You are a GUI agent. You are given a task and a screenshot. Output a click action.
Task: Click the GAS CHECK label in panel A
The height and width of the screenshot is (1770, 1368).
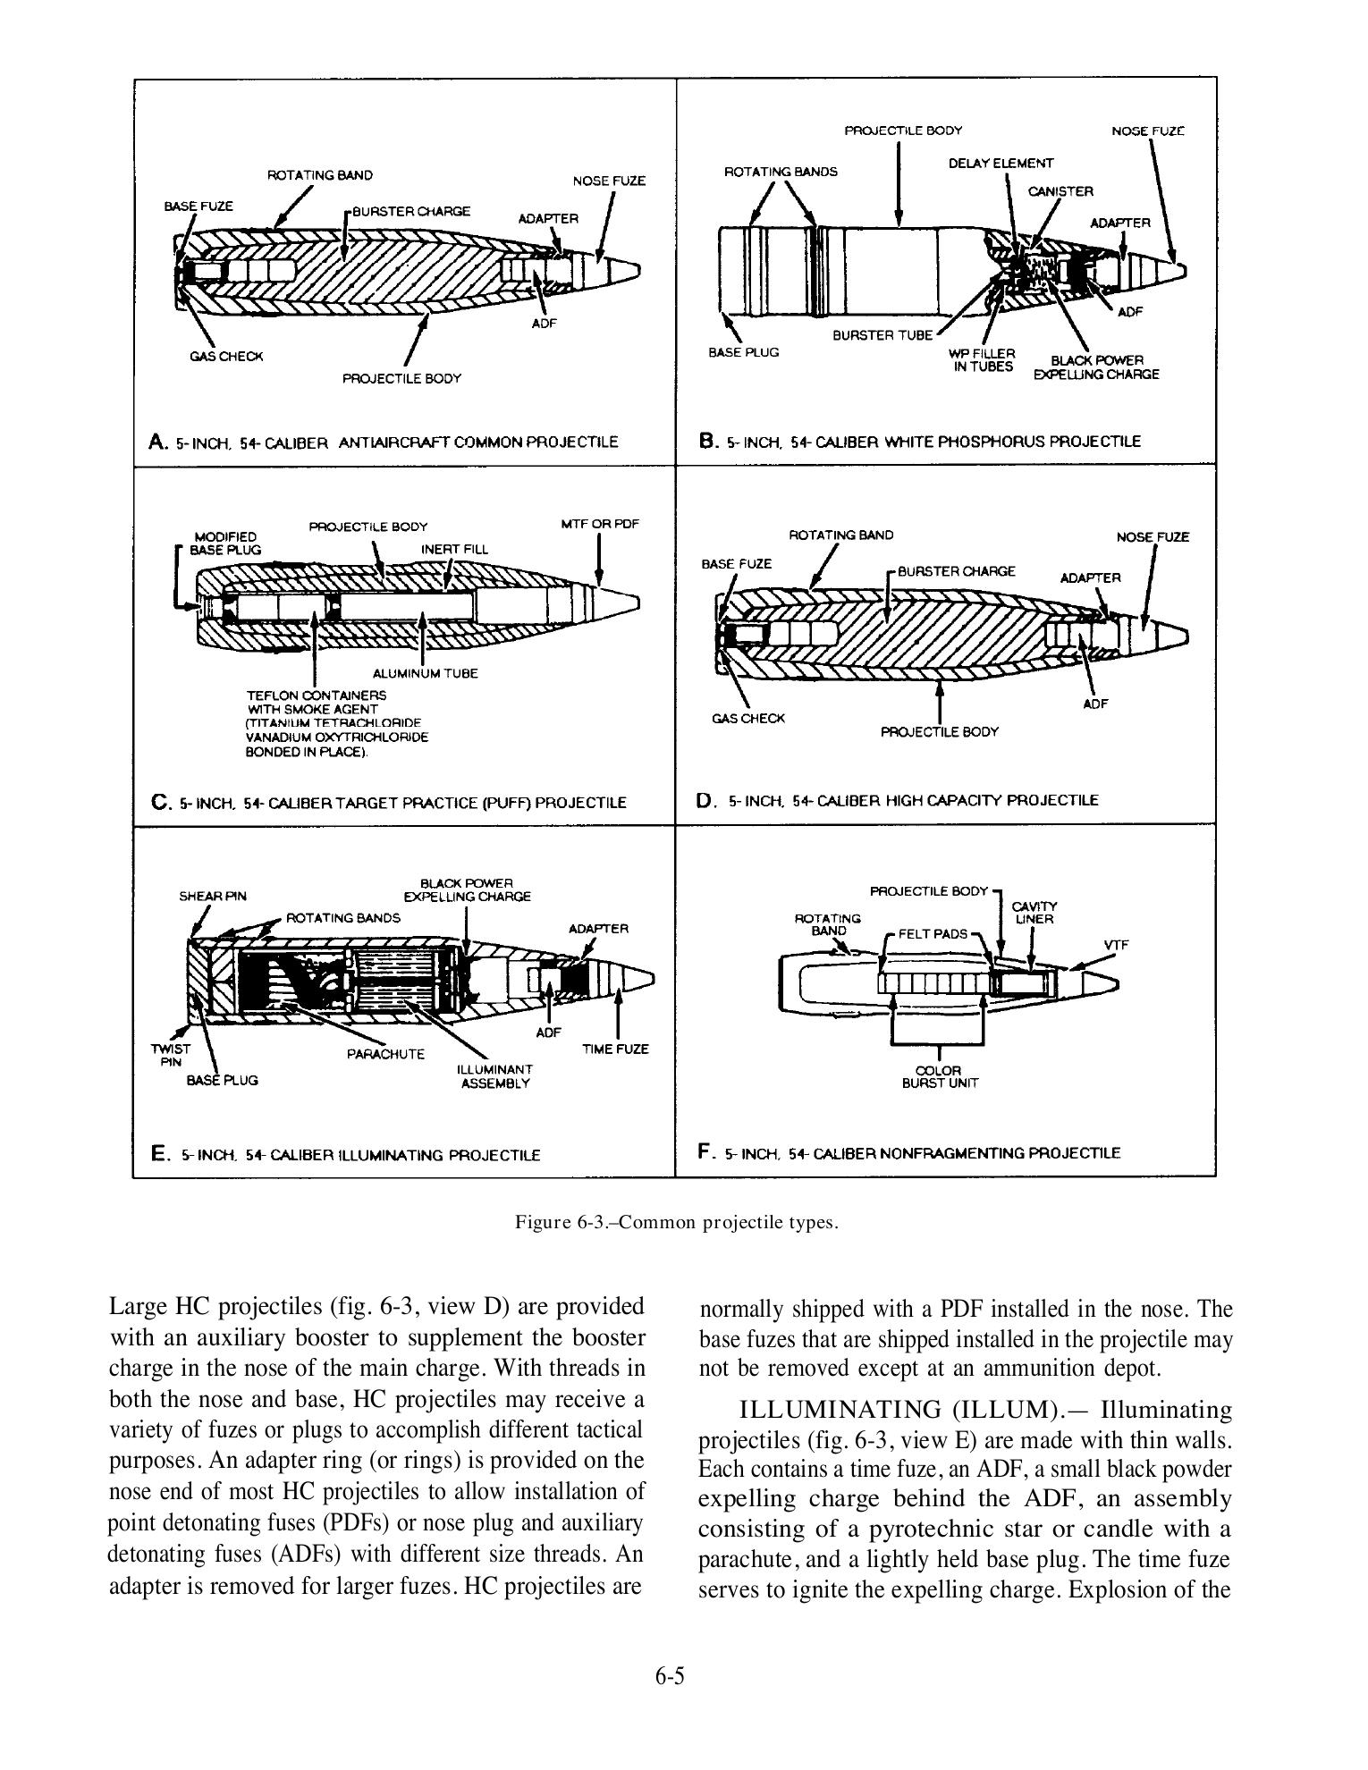[x=226, y=357]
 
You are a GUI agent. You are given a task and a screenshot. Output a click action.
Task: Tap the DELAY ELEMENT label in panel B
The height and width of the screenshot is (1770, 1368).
[x=1001, y=164]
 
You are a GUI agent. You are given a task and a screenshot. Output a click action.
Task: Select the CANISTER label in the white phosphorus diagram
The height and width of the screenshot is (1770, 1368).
[x=1060, y=191]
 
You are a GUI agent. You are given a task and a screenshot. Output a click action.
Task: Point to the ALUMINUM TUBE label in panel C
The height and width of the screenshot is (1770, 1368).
[x=425, y=673]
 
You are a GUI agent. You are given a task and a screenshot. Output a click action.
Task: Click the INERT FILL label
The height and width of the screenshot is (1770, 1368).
[x=454, y=549]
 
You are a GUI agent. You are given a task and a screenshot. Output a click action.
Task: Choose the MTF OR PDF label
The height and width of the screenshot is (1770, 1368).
[x=599, y=524]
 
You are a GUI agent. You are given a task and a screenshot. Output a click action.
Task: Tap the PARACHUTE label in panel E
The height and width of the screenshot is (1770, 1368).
[x=385, y=1054]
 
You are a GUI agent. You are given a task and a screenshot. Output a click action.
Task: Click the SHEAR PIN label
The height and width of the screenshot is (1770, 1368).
[x=213, y=896]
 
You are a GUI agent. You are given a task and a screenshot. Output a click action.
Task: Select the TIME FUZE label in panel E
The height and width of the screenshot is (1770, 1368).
[x=615, y=1049]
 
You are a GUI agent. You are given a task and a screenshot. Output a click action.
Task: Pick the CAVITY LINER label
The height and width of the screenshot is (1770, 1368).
[x=1034, y=912]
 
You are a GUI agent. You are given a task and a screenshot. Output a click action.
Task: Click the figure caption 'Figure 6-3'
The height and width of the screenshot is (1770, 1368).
[x=676, y=1222]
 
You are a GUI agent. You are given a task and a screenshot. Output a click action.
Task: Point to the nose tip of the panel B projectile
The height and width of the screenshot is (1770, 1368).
[x=1184, y=268]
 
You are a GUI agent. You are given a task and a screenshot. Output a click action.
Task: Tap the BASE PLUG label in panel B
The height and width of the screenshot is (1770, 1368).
[x=743, y=352]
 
